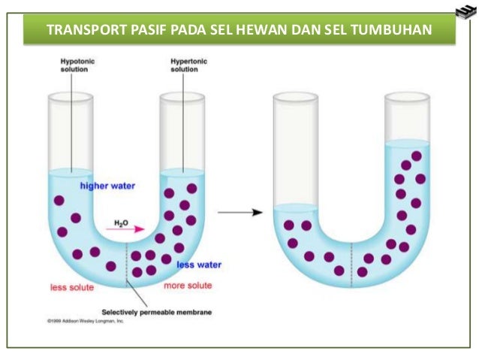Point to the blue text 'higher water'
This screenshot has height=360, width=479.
pyautogui.click(x=107, y=184)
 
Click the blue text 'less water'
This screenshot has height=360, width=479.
pyautogui.click(x=199, y=265)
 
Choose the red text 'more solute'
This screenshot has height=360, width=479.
pyautogui.click(x=188, y=286)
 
